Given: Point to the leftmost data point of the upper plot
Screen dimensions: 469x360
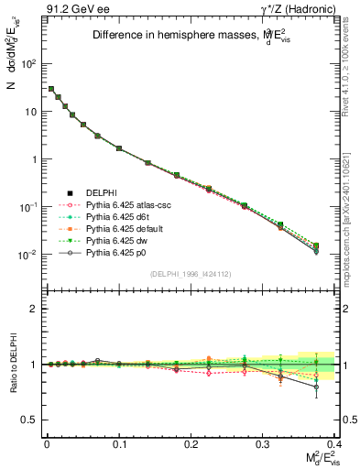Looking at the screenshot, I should (x=51, y=89).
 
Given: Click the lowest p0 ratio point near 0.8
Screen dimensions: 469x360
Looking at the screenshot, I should (x=316, y=387).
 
